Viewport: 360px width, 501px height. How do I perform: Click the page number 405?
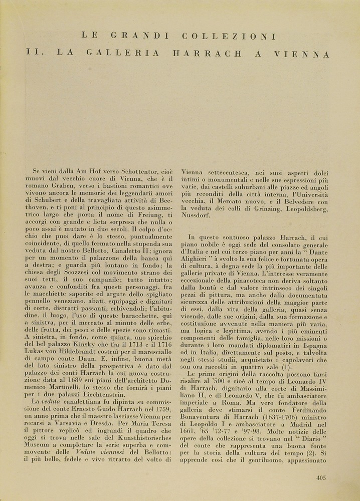click(321, 477)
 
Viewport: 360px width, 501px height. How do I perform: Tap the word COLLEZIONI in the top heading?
click(230, 36)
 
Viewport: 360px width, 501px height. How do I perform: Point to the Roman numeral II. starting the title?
click(35, 53)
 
